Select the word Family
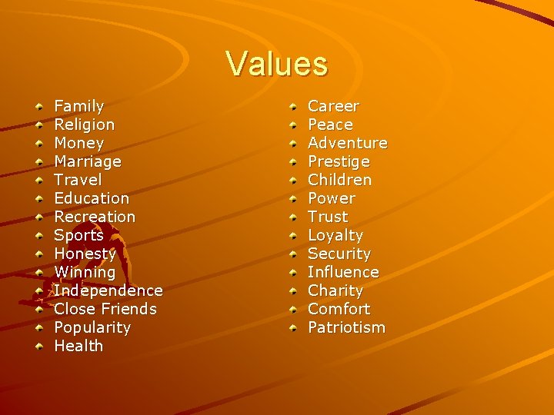[78, 106]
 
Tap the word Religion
[84, 124]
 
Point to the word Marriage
[88, 161]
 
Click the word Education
[92, 198]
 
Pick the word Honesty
[85, 254]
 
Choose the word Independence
[108, 290]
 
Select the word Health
[78, 346]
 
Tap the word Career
[333, 106]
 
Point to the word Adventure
[347, 143]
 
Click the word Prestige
[339, 161]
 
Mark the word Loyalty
[335, 235]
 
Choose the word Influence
[343, 272]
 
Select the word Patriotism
[346, 327]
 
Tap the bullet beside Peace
[293, 124]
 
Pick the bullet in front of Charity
[293, 290]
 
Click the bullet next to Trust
[293, 217]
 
